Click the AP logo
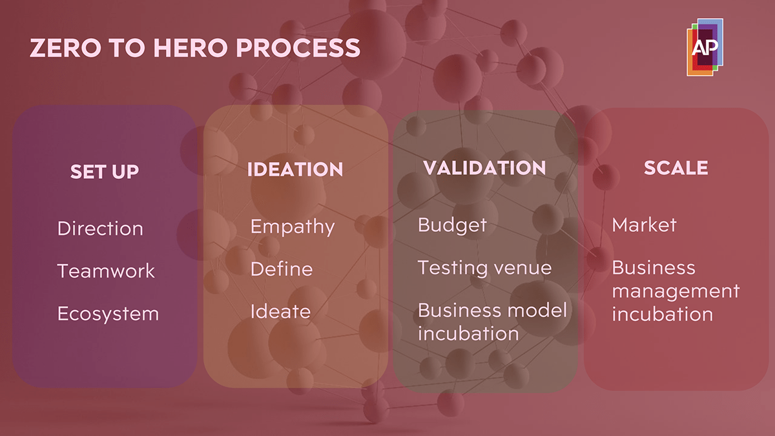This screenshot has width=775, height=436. tap(705, 47)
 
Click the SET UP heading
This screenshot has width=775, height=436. tap(105, 172)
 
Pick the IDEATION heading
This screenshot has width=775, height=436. tap(295, 170)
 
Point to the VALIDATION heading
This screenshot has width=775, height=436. tap(484, 169)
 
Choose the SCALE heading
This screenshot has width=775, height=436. tap(676, 168)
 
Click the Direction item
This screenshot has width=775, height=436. tap(100, 228)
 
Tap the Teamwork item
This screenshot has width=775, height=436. tap(106, 271)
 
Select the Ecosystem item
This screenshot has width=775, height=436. tap(108, 314)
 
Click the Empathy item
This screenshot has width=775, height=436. tap(293, 227)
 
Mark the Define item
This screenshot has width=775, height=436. tap(282, 269)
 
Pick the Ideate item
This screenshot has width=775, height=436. tap(280, 311)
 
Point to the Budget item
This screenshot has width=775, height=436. tap(452, 225)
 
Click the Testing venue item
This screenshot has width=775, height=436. tap(484, 267)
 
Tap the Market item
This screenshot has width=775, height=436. tap(644, 225)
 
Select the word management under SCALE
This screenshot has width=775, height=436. tap(676, 291)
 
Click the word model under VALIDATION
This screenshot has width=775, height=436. tap(537, 310)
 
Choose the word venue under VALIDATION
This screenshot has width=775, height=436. tap(522, 267)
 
